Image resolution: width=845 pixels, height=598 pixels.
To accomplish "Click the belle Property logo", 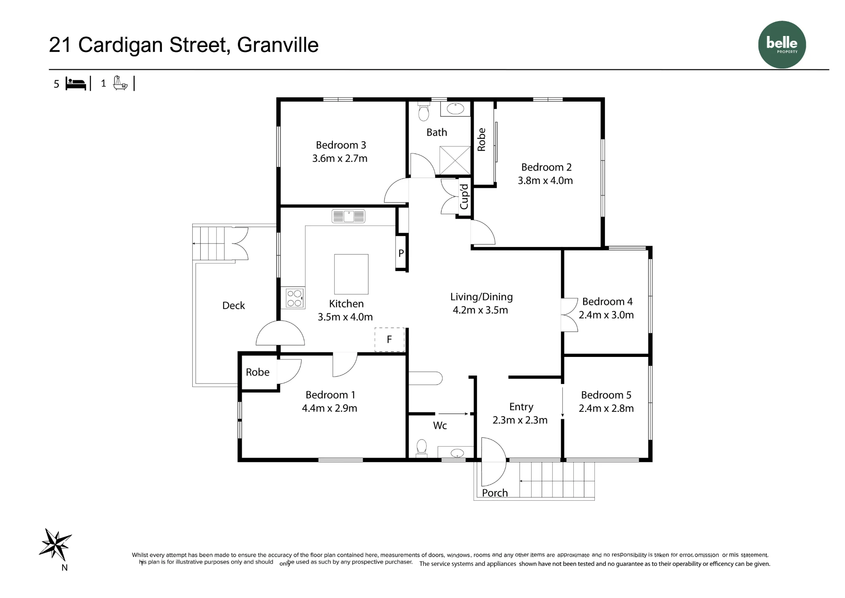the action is [782, 44].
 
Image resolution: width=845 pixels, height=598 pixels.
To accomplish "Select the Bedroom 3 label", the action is [341, 145].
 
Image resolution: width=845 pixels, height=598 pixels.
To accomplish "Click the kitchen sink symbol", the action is [349, 216].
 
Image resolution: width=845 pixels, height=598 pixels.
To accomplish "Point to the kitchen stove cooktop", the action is [294, 298].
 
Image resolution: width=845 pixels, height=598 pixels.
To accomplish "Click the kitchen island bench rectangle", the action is [351, 274].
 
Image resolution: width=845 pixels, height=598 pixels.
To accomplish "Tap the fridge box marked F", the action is [390, 340].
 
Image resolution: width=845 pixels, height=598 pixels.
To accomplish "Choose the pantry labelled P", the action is [401, 253].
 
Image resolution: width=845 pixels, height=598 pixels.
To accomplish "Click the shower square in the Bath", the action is [455, 160].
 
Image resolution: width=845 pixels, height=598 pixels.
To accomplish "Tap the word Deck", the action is [234, 305].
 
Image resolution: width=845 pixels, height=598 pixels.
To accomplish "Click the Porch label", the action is [495, 493].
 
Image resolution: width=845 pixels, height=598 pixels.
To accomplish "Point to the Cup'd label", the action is [464, 197].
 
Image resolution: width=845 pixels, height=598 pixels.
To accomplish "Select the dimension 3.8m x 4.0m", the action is [545, 181].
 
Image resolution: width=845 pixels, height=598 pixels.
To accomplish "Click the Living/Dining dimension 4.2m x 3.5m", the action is [480, 310].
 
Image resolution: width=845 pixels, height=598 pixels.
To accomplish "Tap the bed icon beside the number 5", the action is [76, 84].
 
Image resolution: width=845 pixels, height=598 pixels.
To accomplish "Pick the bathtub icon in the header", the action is [120, 83].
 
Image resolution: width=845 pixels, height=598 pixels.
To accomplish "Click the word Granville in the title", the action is [278, 45].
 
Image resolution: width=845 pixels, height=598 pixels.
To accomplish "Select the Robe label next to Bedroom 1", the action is [258, 372].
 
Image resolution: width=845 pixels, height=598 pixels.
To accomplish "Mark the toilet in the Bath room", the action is [424, 112].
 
